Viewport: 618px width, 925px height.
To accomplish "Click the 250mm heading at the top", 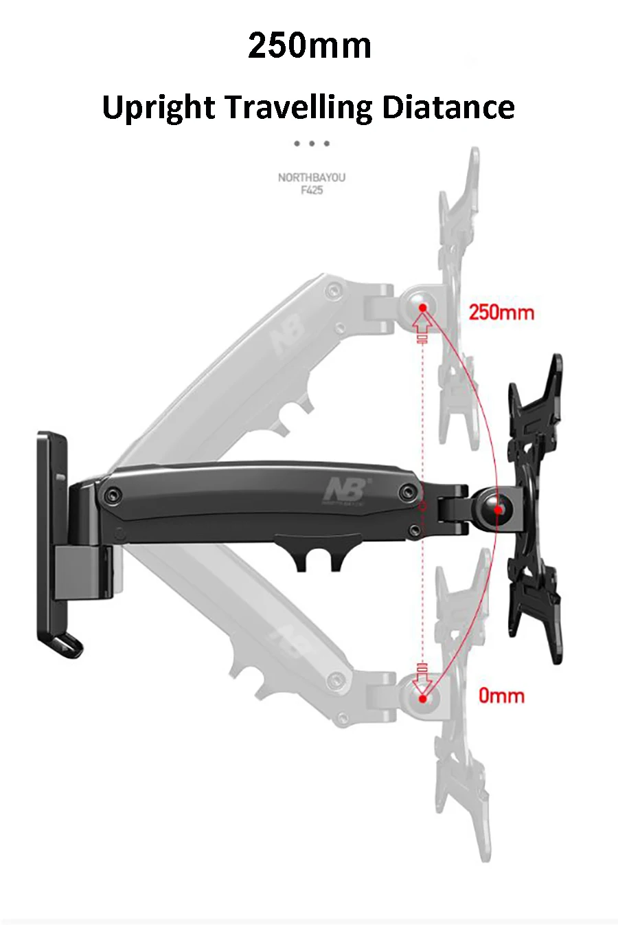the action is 310,45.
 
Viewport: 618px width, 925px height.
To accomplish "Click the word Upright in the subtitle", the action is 158,108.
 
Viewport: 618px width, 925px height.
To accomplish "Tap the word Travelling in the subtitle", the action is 298,108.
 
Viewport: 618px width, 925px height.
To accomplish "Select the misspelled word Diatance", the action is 448,107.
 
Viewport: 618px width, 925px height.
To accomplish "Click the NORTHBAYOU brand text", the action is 312,177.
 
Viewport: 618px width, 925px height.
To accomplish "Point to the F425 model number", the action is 312,190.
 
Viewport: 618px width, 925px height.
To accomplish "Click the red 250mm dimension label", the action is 501,313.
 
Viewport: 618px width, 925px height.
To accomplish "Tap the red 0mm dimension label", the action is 501,695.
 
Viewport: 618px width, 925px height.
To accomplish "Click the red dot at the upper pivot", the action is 423,308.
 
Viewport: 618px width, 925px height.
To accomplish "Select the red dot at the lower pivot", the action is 423,699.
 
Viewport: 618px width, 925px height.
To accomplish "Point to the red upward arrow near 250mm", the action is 423,323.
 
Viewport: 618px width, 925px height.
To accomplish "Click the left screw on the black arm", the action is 111,495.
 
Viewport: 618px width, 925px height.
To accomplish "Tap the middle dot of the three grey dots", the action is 312,144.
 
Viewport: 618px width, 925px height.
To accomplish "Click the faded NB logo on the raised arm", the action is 288,337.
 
